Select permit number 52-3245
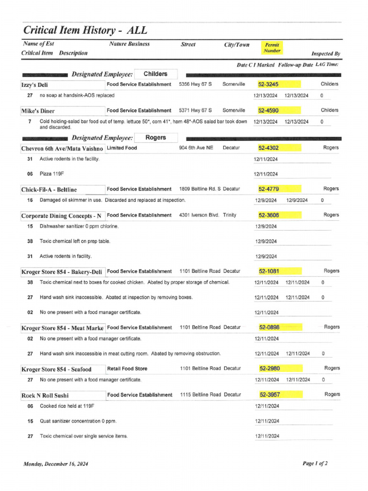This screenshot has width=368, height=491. point(268,84)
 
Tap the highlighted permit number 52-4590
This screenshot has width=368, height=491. point(268,110)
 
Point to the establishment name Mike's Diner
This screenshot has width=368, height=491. point(38,111)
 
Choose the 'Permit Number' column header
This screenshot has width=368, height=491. point(272,47)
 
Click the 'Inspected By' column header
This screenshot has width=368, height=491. point(326,54)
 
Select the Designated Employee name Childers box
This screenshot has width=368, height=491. point(156,74)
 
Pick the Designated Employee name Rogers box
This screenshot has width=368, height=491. point(155,138)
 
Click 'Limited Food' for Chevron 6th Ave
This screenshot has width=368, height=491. point(122,148)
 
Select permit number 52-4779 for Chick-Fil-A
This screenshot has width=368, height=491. point(268,189)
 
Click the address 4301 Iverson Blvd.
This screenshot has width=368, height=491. point(198,215)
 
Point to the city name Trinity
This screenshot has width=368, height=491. point(230,215)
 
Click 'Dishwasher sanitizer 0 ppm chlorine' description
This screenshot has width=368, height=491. point(79,226)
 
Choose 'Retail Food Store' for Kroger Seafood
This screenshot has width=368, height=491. point(127,369)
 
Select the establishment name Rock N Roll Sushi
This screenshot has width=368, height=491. point(45,396)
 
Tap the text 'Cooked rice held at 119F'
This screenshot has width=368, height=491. point(67,406)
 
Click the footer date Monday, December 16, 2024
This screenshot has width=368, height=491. point(56,464)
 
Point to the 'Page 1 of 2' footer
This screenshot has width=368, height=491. point(315,463)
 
